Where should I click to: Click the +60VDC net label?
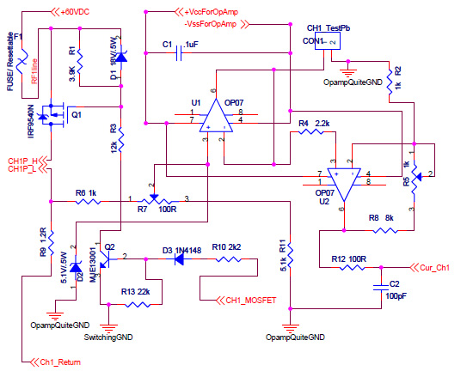75,12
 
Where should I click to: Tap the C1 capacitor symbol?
179,53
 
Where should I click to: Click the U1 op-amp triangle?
216,116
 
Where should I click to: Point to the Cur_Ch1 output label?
434,267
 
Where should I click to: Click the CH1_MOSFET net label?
251,301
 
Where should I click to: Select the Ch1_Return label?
60,362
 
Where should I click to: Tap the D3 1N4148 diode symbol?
180,259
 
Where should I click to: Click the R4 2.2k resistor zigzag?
310,131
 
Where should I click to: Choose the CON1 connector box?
328,41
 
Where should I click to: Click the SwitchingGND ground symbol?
108,327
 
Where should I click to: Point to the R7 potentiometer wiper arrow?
154,197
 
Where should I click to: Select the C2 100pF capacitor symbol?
381,288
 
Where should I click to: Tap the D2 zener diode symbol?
76,267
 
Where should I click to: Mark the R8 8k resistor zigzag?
385,231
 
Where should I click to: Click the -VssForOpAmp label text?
210,24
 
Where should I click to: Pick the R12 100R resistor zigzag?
352,267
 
